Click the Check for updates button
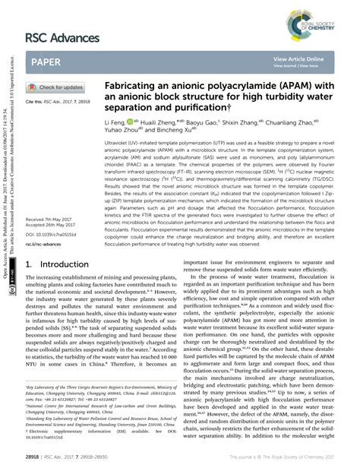click(x=58, y=88)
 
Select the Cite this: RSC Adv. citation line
click(x=58, y=102)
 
